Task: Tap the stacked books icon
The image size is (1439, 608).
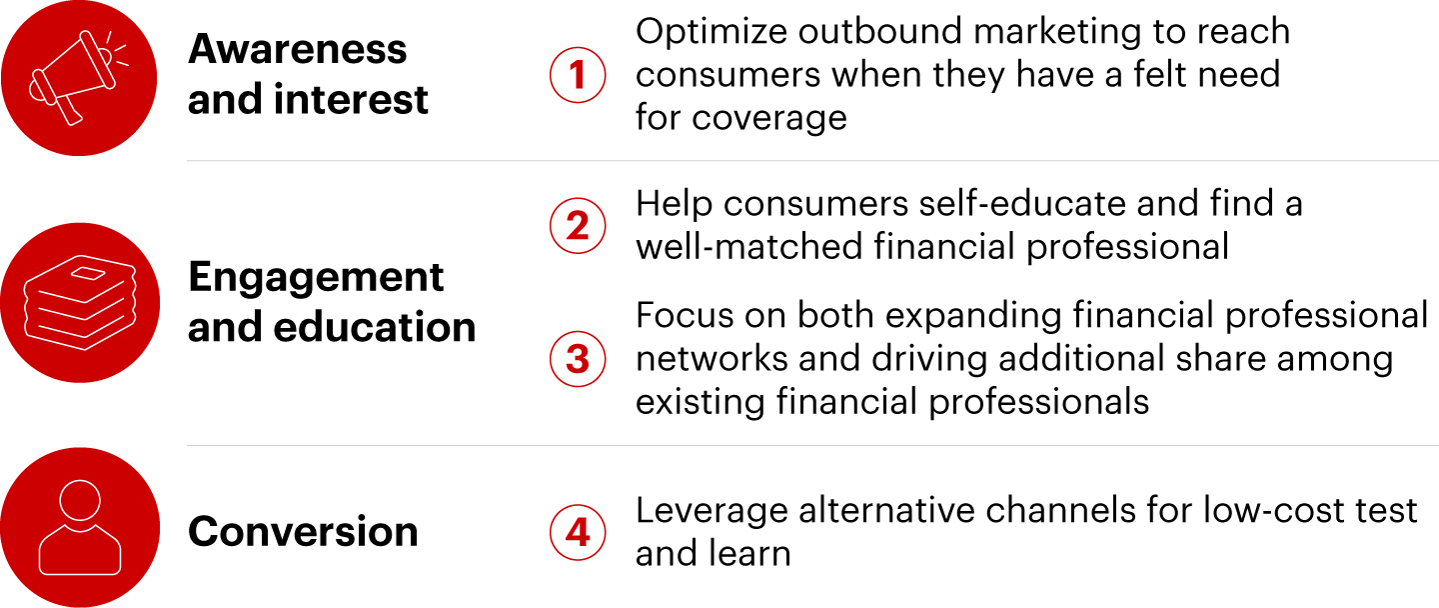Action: [80, 303]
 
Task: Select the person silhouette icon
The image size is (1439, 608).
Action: [80, 527]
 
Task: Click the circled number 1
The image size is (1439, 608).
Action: [578, 75]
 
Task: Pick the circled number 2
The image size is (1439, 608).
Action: [578, 226]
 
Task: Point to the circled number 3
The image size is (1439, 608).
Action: [578, 359]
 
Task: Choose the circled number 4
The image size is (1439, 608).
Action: [578, 532]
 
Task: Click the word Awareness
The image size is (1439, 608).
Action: [298, 49]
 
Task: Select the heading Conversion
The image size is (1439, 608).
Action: [303, 532]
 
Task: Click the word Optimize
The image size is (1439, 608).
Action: [712, 33]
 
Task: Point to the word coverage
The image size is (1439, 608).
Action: [769, 119]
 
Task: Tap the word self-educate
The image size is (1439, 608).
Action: [1022, 204]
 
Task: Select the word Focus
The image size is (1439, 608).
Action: [685, 316]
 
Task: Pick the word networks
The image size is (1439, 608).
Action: [712, 359]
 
